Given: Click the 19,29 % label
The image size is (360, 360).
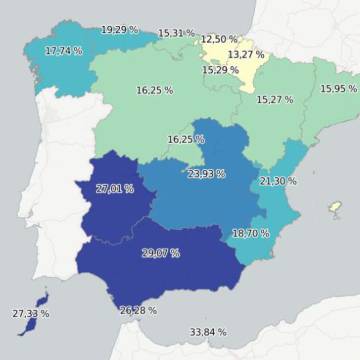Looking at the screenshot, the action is pyautogui.click(x=121, y=30).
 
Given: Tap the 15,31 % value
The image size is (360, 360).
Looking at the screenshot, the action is pyautogui.click(x=177, y=33).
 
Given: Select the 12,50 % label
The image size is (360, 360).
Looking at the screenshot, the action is pyautogui.click(x=219, y=39).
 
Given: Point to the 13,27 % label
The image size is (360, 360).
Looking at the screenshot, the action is pyautogui.click(x=246, y=54).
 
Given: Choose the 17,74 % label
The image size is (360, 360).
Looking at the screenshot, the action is pyautogui.click(x=65, y=50).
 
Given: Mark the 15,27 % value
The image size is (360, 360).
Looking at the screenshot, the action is pyautogui.click(x=275, y=100).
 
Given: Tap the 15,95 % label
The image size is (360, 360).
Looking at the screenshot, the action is pyautogui.click(x=338, y=89).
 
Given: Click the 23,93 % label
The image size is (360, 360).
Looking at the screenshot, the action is pyautogui.click(x=206, y=173).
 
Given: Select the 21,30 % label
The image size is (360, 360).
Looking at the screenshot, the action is pyautogui.click(x=278, y=181).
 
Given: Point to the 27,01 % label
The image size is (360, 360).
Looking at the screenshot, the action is pyautogui.click(x=115, y=188).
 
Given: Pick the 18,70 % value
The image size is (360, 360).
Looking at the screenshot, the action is pyautogui.click(x=250, y=233).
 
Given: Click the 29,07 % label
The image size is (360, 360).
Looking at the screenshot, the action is pyautogui.click(x=161, y=253).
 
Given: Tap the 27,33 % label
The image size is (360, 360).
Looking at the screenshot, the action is pyautogui.click(x=31, y=314).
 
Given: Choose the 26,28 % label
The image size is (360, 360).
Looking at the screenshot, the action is pyautogui.click(x=138, y=311).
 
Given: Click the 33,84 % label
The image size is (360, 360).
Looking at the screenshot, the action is pyautogui.click(x=208, y=332).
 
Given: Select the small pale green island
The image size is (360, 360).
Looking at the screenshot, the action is pyautogui.click(x=337, y=207).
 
